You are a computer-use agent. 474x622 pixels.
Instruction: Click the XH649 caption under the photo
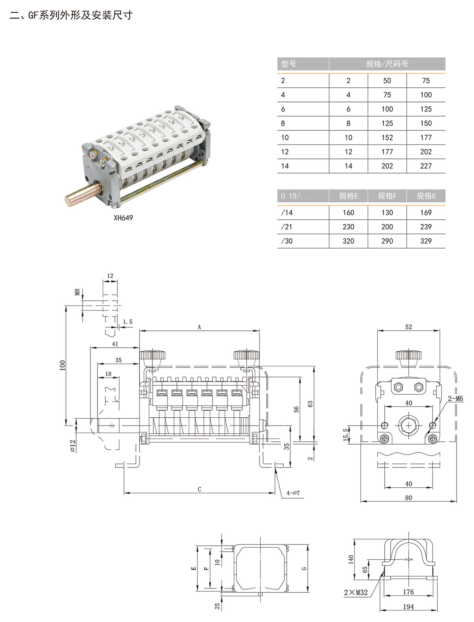[x=123, y=218]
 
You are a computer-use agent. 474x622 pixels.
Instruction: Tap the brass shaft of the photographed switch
[x=81, y=196]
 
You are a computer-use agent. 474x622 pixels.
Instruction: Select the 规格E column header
[x=348, y=196]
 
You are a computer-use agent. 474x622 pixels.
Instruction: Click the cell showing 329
[x=426, y=241]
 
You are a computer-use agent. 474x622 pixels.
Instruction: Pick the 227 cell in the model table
[x=426, y=166]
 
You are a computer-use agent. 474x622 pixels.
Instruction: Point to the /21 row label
[x=287, y=227]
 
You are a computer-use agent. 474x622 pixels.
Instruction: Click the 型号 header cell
[x=289, y=64]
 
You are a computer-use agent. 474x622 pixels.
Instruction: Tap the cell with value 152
[x=387, y=138]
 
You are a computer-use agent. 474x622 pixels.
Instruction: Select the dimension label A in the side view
[x=199, y=327]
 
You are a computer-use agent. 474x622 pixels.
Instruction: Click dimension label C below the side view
[x=199, y=489]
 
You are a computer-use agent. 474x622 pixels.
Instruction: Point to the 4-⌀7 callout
[x=293, y=493]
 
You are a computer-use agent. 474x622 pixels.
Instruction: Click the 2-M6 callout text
[x=455, y=399]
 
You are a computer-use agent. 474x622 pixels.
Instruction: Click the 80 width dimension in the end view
[x=408, y=498]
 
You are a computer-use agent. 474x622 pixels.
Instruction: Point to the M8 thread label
[x=78, y=292]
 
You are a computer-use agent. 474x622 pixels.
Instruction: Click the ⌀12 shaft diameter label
[x=73, y=446]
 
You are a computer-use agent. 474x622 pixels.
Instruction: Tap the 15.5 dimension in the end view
[x=346, y=435]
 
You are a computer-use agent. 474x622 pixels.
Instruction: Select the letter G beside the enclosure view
[x=304, y=568]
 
